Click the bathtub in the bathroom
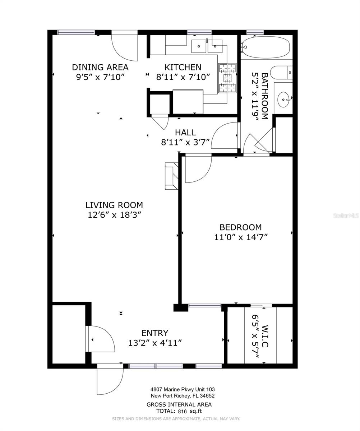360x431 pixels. (x=266, y=47)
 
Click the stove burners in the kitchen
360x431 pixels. (x=227, y=78)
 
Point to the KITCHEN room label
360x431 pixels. (x=183, y=67)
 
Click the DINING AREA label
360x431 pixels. (x=100, y=67)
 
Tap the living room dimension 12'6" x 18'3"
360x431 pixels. (x=114, y=215)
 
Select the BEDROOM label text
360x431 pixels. (x=240, y=227)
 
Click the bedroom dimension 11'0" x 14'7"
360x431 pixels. (x=241, y=237)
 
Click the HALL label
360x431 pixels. (x=185, y=133)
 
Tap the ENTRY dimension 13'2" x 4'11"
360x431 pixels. (x=155, y=343)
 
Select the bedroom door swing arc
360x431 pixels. (x=198, y=169)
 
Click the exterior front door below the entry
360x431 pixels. (x=110, y=379)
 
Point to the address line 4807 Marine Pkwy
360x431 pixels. (x=183, y=389)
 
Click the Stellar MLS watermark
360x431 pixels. (x=346, y=215)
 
